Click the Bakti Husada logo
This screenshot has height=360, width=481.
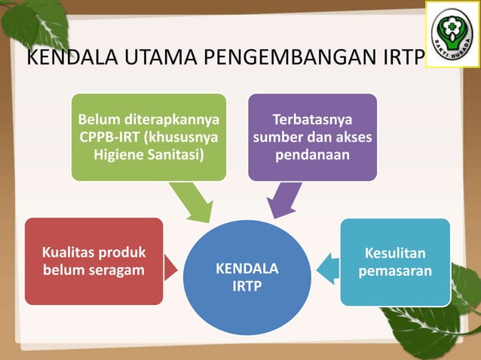452,33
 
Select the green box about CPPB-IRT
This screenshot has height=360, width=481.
149,137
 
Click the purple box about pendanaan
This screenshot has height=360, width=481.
312,137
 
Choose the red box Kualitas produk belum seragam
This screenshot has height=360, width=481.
93,261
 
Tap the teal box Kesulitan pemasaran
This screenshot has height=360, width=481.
395,261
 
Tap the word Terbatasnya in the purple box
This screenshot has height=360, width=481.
312,120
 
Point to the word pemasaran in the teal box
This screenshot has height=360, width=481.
395,270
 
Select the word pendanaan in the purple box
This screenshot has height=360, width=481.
312,155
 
